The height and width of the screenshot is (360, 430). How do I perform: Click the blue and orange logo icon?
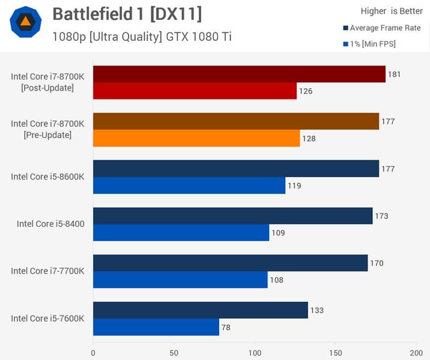26,22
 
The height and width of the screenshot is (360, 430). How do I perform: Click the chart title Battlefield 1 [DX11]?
127,14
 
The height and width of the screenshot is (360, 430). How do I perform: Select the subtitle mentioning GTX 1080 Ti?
142,37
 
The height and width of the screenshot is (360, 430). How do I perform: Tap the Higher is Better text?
392,11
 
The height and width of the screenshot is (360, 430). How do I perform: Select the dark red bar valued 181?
239,74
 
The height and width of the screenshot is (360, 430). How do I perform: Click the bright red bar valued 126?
195,91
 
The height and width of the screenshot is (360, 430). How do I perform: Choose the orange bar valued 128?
196,138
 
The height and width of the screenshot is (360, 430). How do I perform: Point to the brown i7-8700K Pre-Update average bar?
236,121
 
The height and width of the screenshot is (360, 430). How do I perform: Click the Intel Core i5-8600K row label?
47,176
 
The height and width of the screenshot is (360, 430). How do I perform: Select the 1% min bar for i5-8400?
181,233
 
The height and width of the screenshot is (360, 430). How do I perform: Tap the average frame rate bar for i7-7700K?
230,263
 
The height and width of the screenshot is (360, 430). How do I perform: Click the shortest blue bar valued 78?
156,327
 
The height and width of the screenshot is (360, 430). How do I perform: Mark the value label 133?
317,310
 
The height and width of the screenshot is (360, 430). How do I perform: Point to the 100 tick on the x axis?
255,353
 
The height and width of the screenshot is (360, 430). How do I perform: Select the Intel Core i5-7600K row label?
47,318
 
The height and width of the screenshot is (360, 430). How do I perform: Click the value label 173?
381,216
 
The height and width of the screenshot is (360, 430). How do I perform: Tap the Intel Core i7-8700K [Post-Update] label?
47,82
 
